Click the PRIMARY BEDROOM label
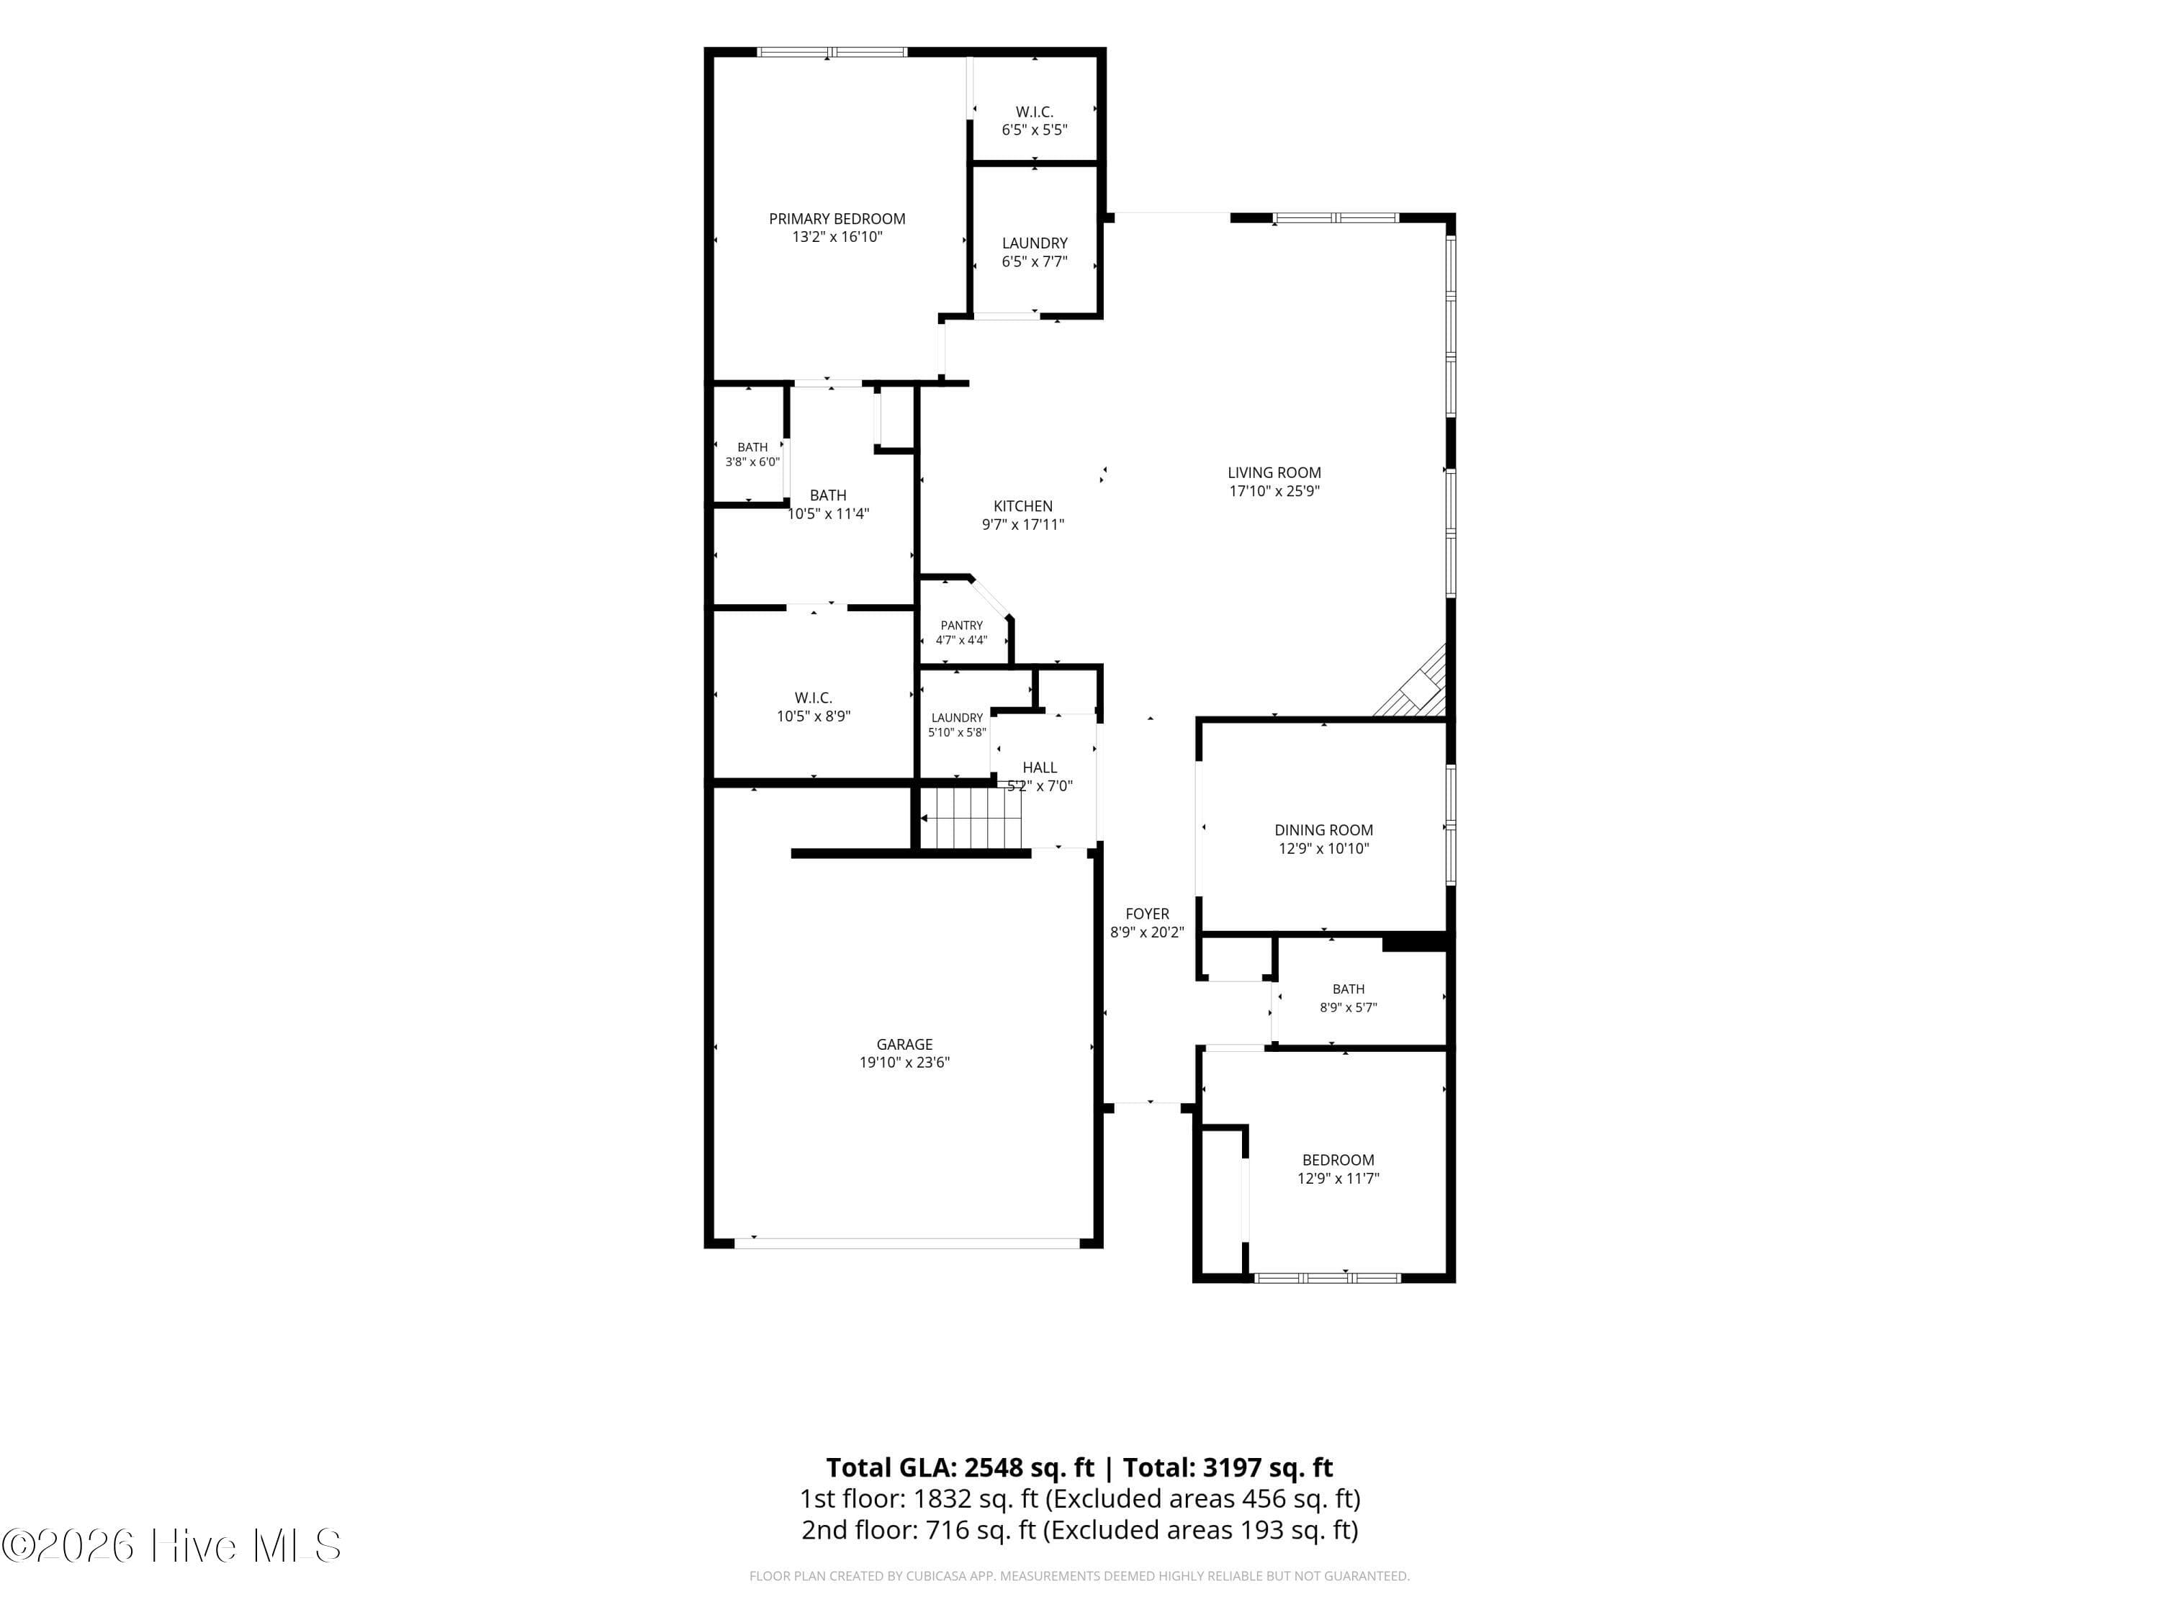pyautogui.click(x=837, y=219)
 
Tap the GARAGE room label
pyautogui.click(x=904, y=1044)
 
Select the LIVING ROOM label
pyautogui.click(x=1274, y=472)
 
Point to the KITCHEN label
pyautogui.click(x=1022, y=506)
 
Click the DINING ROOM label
pyautogui.click(x=1323, y=830)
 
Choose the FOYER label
pyautogui.click(x=1148, y=914)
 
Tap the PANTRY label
pyautogui.click(x=962, y=625)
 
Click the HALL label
pyautogui.click(x=1040, y=768)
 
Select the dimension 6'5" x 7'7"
pyautogui.click(x=1034, y=261)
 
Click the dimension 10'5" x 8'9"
pyautogui.click(x=814, y=716)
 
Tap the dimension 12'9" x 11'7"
pyautogui.click(x=1338, y=1179)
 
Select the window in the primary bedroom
pyautogui.click(x=833, y=52)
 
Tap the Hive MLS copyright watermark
pyautogui.click(x=171, y=1546)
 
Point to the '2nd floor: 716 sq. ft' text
pyautogui.click(x=918, y=1530)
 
